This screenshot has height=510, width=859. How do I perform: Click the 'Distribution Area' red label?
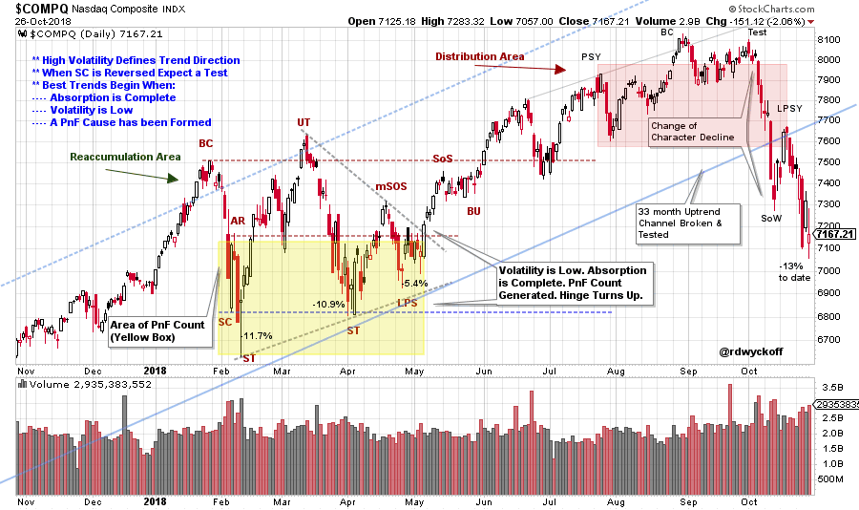click(480, 56)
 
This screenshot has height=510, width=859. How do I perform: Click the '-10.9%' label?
click(328, 304)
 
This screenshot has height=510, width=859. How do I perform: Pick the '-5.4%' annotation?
click(413, 284)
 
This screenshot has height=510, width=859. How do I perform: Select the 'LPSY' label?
click(788, 109)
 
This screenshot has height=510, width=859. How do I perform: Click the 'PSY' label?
click(591, 58)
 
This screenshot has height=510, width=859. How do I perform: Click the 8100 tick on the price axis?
click(829, 40)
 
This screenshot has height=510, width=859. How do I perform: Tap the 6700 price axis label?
click(829, 340)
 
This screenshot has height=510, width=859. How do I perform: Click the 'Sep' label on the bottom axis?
click(685, 500)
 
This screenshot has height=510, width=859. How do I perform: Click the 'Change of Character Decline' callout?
click(693, 131)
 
